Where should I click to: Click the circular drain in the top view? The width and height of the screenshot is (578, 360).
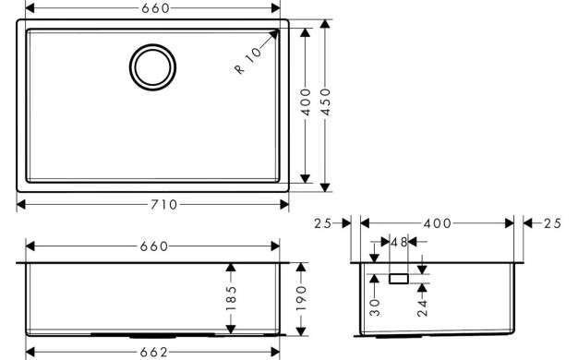point(152,66)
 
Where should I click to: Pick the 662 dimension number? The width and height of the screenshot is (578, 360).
point(153,352)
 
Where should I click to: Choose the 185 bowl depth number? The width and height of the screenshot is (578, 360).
point(231,297)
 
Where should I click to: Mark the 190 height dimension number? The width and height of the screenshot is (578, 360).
point(300,297)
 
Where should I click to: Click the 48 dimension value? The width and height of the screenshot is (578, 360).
point(399,243)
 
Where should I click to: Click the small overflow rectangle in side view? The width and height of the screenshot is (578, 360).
point(400,277)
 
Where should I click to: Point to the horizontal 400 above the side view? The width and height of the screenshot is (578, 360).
point(436,223)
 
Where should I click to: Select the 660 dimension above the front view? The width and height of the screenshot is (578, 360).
point(153,246)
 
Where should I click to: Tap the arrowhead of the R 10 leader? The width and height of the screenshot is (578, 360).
point(275,31)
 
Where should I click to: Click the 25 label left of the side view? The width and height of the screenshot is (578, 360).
point(321,223)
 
